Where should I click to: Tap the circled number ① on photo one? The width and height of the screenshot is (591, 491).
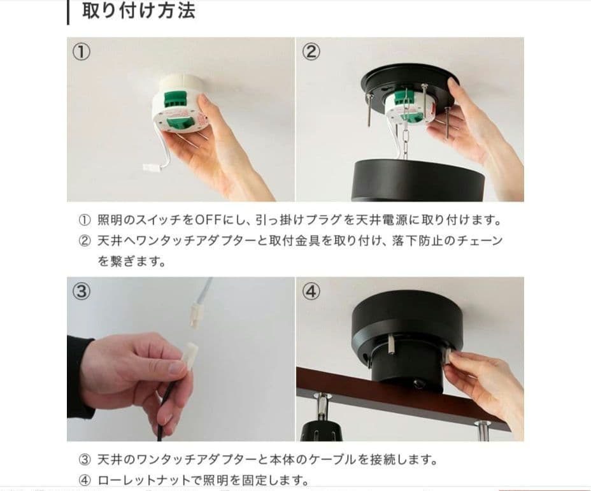tap(82, 52)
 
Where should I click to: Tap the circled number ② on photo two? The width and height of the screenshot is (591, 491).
tap(311, 52)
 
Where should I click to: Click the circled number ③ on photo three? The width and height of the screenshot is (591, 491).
tap(82, 291)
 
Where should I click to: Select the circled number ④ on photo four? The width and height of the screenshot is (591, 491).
tap(311, 291)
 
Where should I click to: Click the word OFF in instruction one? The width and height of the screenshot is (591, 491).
tap(208, 220)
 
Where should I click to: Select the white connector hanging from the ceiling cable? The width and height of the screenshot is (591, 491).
tap(196, 317)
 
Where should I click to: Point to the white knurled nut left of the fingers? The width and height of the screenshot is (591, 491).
tap(390, 344)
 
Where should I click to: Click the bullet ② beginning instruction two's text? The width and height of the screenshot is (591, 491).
tap(85, 241)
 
